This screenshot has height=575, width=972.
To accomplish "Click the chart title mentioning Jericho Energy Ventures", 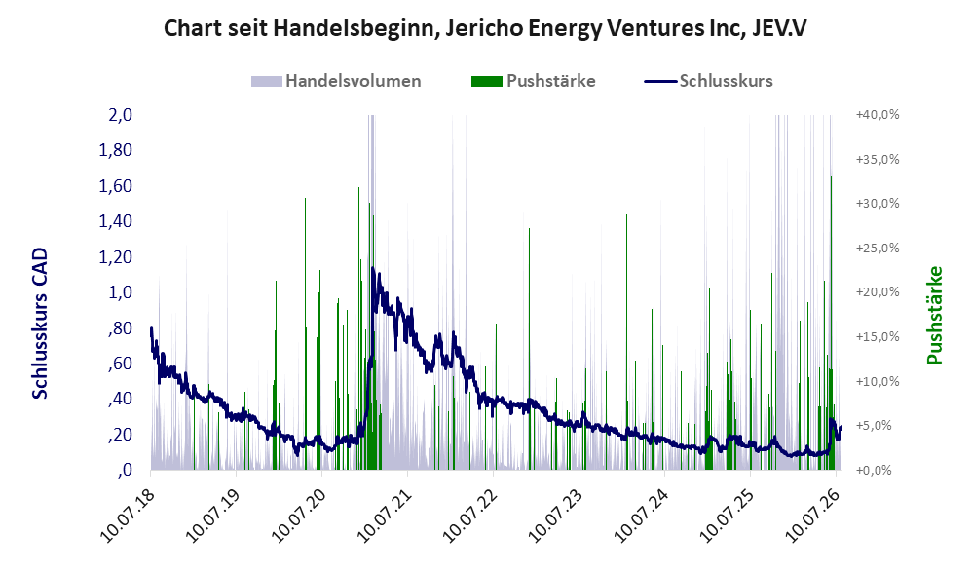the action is [485, 28].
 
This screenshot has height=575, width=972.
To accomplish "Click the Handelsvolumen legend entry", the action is [336, 81].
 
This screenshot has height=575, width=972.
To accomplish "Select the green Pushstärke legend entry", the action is [533, 81].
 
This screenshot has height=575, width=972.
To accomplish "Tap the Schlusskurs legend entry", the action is [708, 81].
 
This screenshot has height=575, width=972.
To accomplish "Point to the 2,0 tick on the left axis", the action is [120, 115].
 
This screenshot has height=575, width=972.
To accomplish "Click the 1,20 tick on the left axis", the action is [116, 256].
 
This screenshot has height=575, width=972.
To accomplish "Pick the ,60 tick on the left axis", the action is [120, 363].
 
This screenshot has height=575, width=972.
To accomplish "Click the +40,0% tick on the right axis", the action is [878, 115].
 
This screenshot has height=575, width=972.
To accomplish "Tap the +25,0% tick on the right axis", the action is [878, 249].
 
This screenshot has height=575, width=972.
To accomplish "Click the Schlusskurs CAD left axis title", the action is [40, 324].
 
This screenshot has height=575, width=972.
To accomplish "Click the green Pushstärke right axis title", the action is [934, 315].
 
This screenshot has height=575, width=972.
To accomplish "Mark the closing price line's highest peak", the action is [373, 268].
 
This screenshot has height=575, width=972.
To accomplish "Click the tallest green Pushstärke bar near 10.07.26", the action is [832, 323].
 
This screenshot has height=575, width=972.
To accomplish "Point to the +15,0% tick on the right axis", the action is [878, 337].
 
